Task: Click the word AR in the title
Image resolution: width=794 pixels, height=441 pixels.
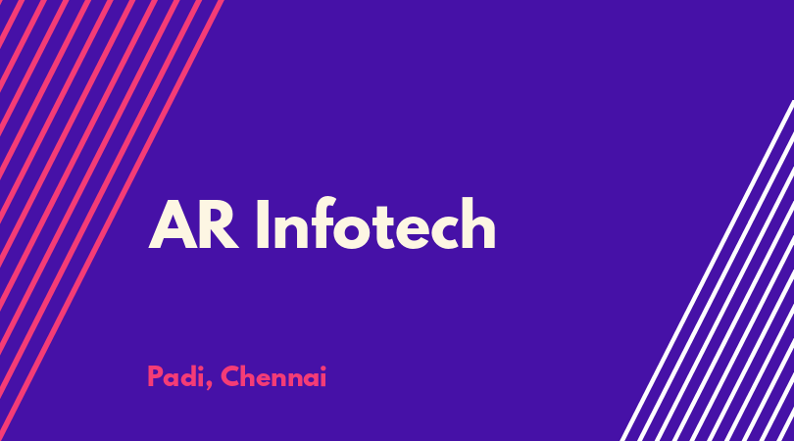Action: pyautogui.click(x=193, y=224)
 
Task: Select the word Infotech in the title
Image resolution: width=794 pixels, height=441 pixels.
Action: pyautogui.click(x=375, y=223)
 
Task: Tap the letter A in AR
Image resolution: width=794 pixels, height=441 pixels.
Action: pyautogui.click(x=173, y=224)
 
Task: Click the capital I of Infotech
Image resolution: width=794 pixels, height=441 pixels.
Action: pyautogui.click(x=263, y=224)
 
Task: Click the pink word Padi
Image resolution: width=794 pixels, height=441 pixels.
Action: pyautogui.click(x=177, y=377)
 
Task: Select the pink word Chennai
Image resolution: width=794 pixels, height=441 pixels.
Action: pyautogui.click(x=273, y=376)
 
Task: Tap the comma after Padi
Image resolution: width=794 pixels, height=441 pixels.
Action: pyautogui.click(x=210, y=386)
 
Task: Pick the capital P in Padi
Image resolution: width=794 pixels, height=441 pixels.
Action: pyautogui.click(x=155, y=377)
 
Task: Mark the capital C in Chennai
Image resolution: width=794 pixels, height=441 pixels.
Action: pyautogui.click(x=230, y=377)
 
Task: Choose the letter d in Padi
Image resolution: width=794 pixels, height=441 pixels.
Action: pyautogui.click(x=189, y=377)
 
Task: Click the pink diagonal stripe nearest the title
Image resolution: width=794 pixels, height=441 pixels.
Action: pyautogui.click(x=112, y=220)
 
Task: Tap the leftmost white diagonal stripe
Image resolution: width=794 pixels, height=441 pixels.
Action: pyautogui.click(x=708, y=270)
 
